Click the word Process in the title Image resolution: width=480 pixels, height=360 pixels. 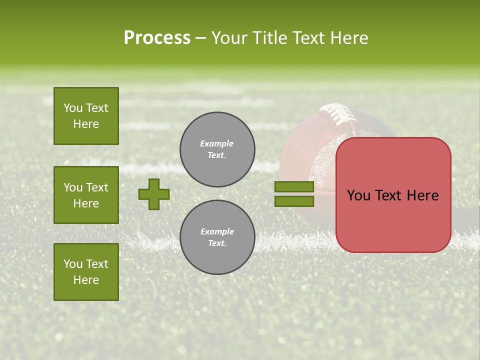157,38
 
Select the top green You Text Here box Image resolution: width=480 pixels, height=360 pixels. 86,116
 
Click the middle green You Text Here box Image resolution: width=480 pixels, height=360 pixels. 86,195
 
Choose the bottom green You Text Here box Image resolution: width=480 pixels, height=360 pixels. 86,272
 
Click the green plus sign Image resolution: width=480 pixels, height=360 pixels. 154,194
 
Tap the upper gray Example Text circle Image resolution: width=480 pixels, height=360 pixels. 217,149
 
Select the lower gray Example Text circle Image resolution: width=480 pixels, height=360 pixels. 217,237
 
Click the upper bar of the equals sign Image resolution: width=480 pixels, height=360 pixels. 294,187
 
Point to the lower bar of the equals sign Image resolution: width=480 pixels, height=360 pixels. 294,201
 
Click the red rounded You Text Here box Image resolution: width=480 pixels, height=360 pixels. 393,195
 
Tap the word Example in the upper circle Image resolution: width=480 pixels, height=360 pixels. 216,143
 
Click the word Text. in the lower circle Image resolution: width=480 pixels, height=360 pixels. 217,243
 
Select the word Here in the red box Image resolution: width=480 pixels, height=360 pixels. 422,195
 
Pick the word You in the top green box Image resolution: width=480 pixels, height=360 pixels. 73,108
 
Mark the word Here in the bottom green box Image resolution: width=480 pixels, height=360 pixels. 86,280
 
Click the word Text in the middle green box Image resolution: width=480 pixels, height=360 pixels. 97,187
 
